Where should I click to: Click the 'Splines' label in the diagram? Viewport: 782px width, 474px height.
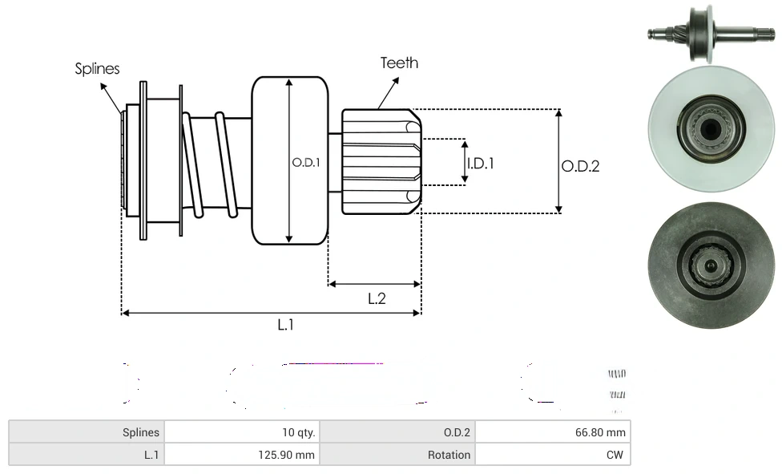coord(97,69)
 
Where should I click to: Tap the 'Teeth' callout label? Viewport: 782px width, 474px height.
coord(399,63)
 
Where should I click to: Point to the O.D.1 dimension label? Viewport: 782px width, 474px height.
coord(306,162)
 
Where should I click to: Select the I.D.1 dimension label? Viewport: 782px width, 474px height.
coord(481,164)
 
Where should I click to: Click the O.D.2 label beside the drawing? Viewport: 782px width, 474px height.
coord(580,167)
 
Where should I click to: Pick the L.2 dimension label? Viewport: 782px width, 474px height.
coord(377,299)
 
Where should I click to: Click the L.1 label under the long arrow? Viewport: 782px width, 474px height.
coord(286,325)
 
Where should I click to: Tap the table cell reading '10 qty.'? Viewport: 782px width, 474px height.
coord(298,432)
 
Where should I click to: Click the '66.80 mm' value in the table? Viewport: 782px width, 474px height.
coord(599,432)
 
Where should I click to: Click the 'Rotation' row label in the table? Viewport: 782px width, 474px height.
coord(449,455)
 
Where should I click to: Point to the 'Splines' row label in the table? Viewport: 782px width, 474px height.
coord(141,432)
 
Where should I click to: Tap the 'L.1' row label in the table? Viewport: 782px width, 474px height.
coord(151,455)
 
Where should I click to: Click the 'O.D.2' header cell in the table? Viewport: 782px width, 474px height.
coord(457,432)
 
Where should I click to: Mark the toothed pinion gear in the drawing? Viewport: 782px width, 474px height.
coord(381,161)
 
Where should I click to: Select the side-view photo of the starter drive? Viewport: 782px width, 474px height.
coord(710,33)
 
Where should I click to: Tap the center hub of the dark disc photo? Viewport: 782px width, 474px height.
coord(710,264)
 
